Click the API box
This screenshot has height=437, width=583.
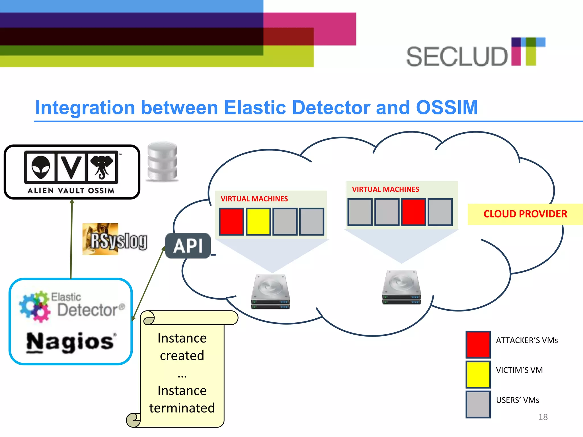(x=188, y=246)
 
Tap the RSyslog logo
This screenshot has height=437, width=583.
(x=115, y=239)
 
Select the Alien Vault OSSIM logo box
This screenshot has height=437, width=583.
(x=72, y=172)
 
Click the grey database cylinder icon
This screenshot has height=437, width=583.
(x=163, y=161)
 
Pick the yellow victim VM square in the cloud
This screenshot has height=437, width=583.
(x=258, y=222)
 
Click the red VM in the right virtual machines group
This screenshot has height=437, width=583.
(x=413, y=212)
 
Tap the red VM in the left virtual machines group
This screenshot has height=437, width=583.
(x=231, y=222)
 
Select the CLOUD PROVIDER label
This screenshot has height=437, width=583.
(x=525, y=214)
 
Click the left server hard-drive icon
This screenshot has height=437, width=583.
(x=270, y=291)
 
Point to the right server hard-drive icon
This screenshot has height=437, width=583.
(x=401, y=287)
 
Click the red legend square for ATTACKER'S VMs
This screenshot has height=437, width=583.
(x=478, y=344)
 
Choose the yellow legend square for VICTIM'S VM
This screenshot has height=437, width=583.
(x=478, y=374)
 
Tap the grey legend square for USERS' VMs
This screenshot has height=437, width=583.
(x=478, y=404)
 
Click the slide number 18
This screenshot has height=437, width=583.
(x=543, y=417)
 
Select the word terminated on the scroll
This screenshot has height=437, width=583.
(x=182, y=408)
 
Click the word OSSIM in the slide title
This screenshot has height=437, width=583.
(x=447, y=108)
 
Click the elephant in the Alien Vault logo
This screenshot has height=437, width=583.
(x=102, y=166)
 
